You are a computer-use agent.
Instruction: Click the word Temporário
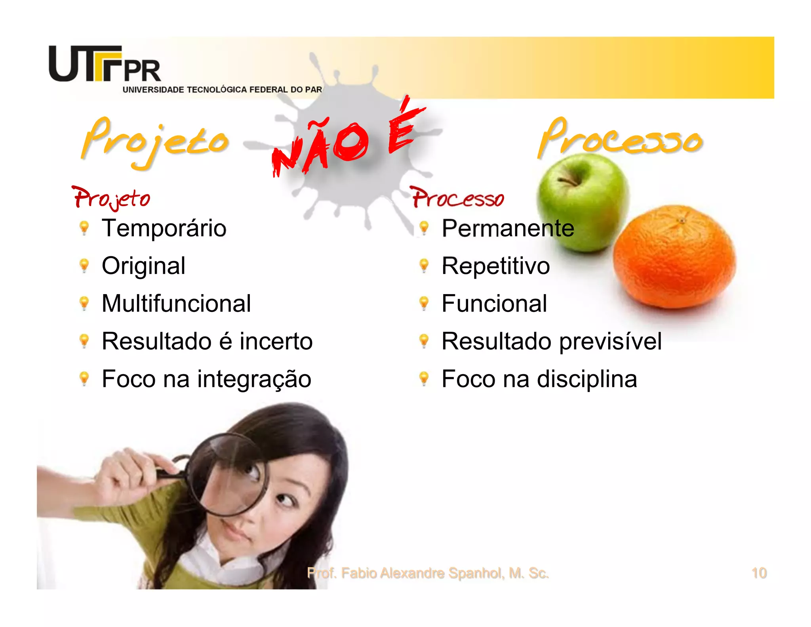click(x=164, y=228)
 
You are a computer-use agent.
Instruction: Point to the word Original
click(x=143, y=266)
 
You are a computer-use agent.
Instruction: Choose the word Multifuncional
click(x=176, y=304)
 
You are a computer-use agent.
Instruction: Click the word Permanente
click(x=508, y=228)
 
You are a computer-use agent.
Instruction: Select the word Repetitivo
click(x=495, y=266)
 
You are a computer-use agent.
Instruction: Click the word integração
click(x=254, y=379)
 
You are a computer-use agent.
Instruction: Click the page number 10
click(x=759, y=573)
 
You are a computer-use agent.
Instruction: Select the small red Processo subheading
click(x=458, y=197)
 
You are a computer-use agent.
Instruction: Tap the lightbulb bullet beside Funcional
click(x=424, y=303)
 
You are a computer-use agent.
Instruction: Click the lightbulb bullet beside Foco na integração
click(x=84, y=378)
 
